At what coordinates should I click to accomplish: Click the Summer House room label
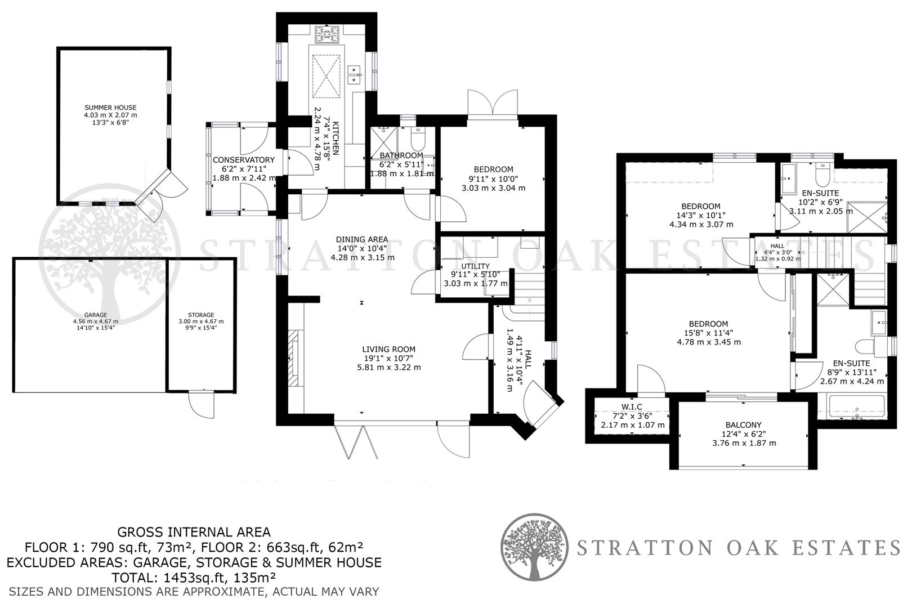point(110,108)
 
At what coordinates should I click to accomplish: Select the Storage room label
point(201,315)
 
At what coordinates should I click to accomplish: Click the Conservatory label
point(243,160)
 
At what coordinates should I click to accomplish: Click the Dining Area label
point(362,239)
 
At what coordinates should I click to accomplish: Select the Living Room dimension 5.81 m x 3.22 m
point(389,367)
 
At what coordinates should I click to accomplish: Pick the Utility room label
point(475,266)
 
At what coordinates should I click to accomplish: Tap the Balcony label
point(743,425)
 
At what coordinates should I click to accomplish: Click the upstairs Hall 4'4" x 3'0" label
point(777,246)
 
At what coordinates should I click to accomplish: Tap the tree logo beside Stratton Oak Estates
point(534,547)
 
